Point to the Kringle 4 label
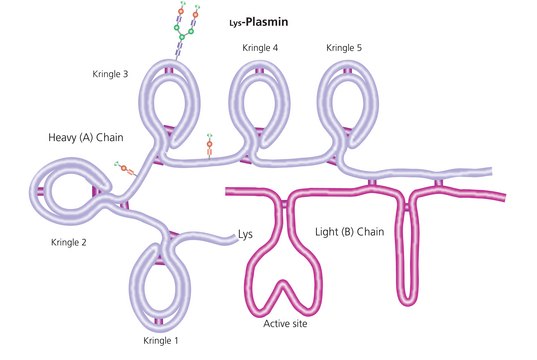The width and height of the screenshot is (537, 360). click(x=260, y=48)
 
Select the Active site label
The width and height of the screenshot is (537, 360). click(x=285, y=324)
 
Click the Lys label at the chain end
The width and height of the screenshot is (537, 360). click(x=246, y=235)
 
